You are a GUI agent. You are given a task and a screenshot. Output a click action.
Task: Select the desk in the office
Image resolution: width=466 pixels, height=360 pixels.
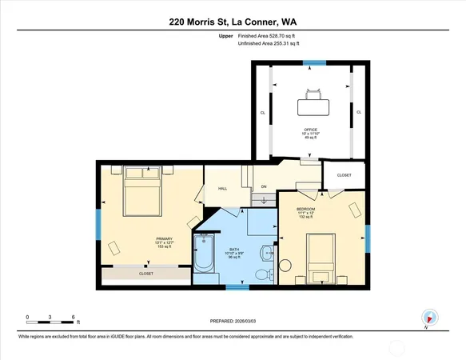(x=311, y=106)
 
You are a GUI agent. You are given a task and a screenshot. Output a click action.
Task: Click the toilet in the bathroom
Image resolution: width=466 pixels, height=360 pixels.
(x=261, y=274)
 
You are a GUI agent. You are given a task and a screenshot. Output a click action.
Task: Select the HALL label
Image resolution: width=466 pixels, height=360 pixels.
(x=224, y=189)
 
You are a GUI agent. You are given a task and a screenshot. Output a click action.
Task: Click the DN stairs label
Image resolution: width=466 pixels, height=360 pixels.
(x=263, y=186)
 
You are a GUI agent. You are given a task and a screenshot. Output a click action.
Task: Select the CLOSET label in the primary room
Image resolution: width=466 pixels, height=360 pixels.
(x=146, y=274)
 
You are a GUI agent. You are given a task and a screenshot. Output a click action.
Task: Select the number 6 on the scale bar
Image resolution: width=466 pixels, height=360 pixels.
(x=74, y=318)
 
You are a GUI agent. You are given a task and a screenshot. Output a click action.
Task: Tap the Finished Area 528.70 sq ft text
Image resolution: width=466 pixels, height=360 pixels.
(x=272, y=36)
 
